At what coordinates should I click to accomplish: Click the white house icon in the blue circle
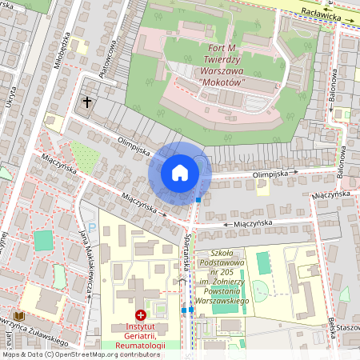(180, 173)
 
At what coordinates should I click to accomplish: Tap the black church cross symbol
(87, 102)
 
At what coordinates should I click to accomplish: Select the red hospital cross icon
(142, 317)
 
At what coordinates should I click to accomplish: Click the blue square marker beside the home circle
(198, 199)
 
